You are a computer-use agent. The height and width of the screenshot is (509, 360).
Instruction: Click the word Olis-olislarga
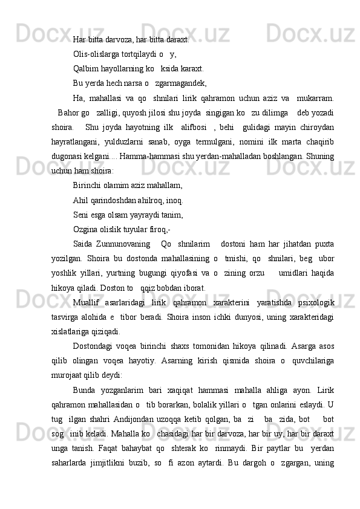point(96,54)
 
